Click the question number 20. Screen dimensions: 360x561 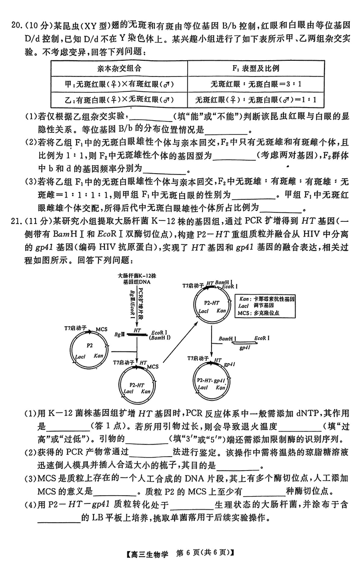(x=17, y=25)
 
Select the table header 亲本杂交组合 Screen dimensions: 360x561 (x=119, y=68)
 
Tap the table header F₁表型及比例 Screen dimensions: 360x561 (x=256, y=68)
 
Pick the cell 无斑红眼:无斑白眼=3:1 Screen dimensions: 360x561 (x=256, y=84)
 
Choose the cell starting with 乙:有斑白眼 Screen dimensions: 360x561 (x=119, y=100)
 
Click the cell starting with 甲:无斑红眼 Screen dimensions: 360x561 (x=119, y=84)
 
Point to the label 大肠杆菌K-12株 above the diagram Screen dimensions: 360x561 (x=137, y=276)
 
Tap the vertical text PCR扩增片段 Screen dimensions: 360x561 (x=140, y=303)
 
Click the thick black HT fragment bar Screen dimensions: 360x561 (x=137, y=334)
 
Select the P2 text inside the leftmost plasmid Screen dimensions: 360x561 (x=90, y=346)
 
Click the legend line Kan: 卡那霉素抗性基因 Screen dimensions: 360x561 (x=266, y=299)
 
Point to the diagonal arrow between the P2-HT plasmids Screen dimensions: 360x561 (x=180, y=342)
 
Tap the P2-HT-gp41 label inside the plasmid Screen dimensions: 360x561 (x=211, y=381)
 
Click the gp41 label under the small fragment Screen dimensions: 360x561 (x=244, y=348)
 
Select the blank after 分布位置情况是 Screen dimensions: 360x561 (x=226, y=130)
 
